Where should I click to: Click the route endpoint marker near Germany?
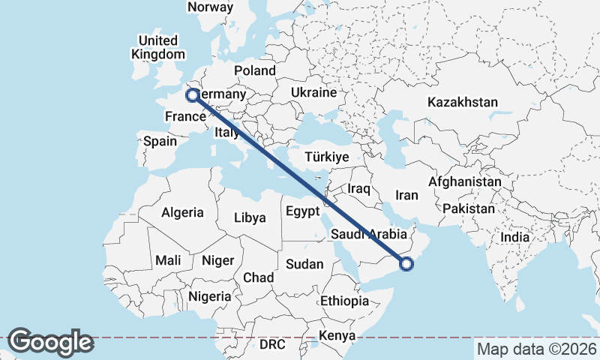[x=193, y=95]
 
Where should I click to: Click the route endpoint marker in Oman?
[x=406, y=263]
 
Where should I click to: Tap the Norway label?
[x=211, y=7]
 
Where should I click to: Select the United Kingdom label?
[x=157, y=47]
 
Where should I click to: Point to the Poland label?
[x=255, y=70]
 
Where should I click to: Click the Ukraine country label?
[x=313, y=93]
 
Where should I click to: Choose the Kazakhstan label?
[x=462, y=102]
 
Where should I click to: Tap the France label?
[x=185, y=116]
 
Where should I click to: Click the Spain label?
[x=160, y=141]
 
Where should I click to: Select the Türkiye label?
[x=328, y=157]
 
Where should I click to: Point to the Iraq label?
[x=358, y=189]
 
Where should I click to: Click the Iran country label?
[x=406, y=195]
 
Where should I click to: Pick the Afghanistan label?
[x=465, y=181]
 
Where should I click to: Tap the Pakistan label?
[x=469, y=208]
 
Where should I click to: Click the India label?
[x=514, y=237]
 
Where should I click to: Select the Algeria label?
[x=182, y=212]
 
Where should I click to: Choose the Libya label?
[x=250, y=218]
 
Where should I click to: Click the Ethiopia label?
[x=344, y=301]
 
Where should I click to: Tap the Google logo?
[x=50, y=342]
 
